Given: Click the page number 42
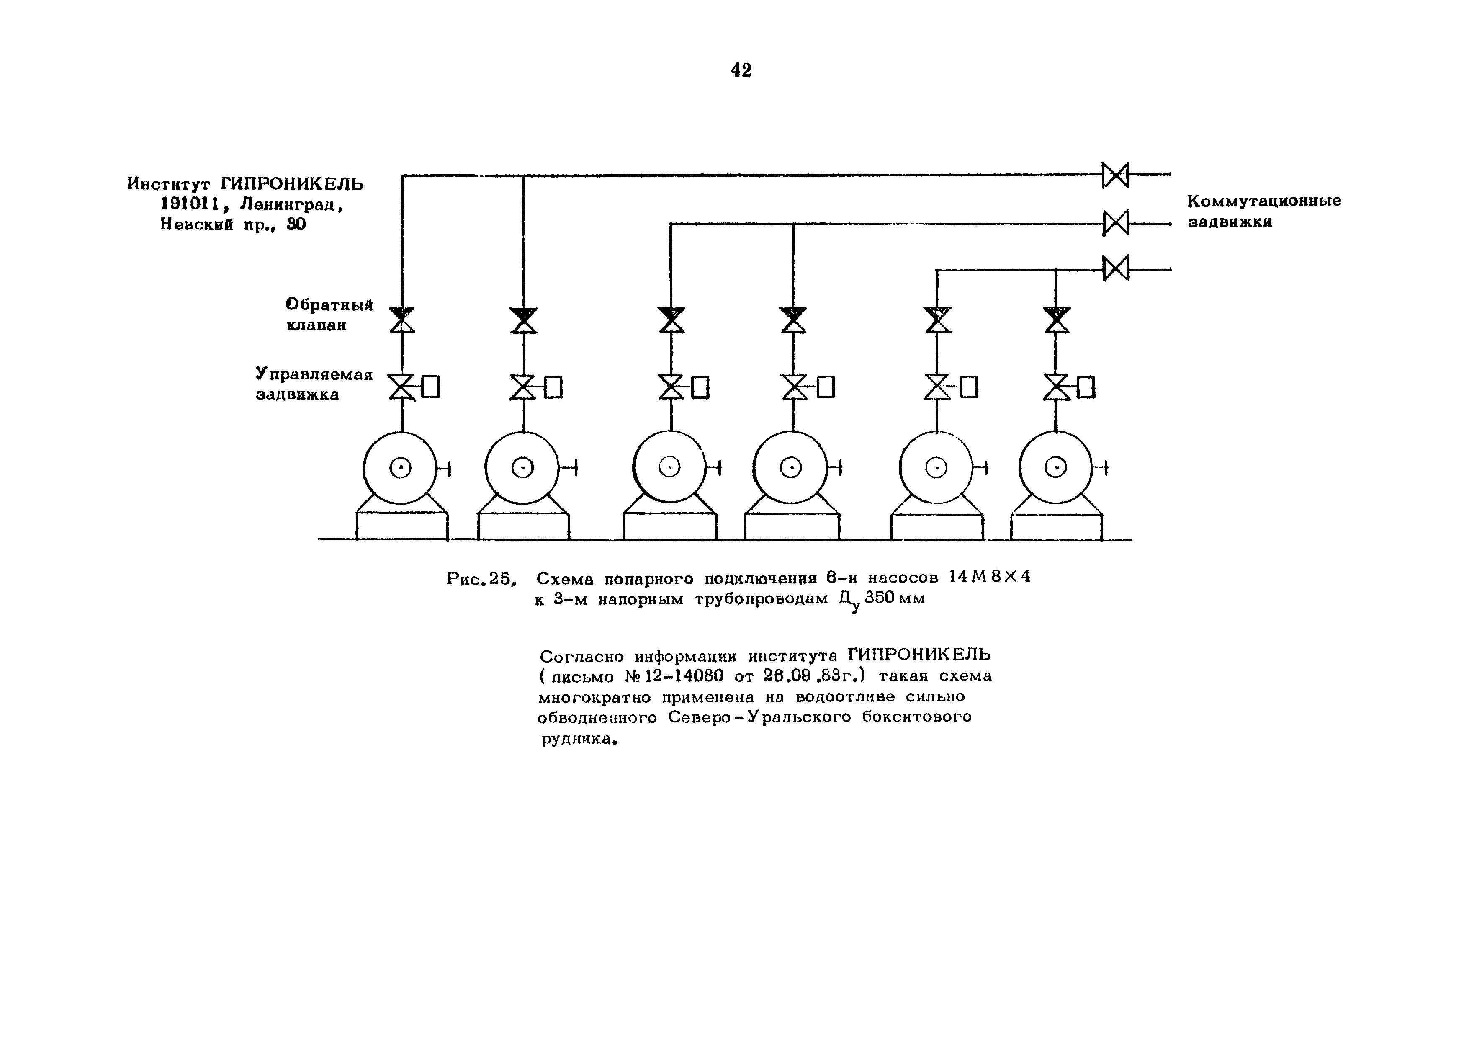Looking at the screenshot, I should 741,70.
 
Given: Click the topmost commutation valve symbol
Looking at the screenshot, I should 1115,175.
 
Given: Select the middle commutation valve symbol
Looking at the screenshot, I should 1115,223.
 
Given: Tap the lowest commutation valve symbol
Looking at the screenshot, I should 1115,268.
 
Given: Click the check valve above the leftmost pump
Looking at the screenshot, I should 402,320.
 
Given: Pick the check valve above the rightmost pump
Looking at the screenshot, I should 1056,320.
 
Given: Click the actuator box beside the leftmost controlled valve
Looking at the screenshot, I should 431,387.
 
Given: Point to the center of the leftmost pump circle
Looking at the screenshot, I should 401,469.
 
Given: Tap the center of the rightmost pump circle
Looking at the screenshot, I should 1056,469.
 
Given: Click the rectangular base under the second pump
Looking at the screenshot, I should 523,526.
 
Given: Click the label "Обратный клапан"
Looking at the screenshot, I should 329,315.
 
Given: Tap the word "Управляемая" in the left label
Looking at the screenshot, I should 314,374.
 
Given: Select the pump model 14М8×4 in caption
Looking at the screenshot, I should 989,577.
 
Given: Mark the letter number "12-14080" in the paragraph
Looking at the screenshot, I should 676,677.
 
